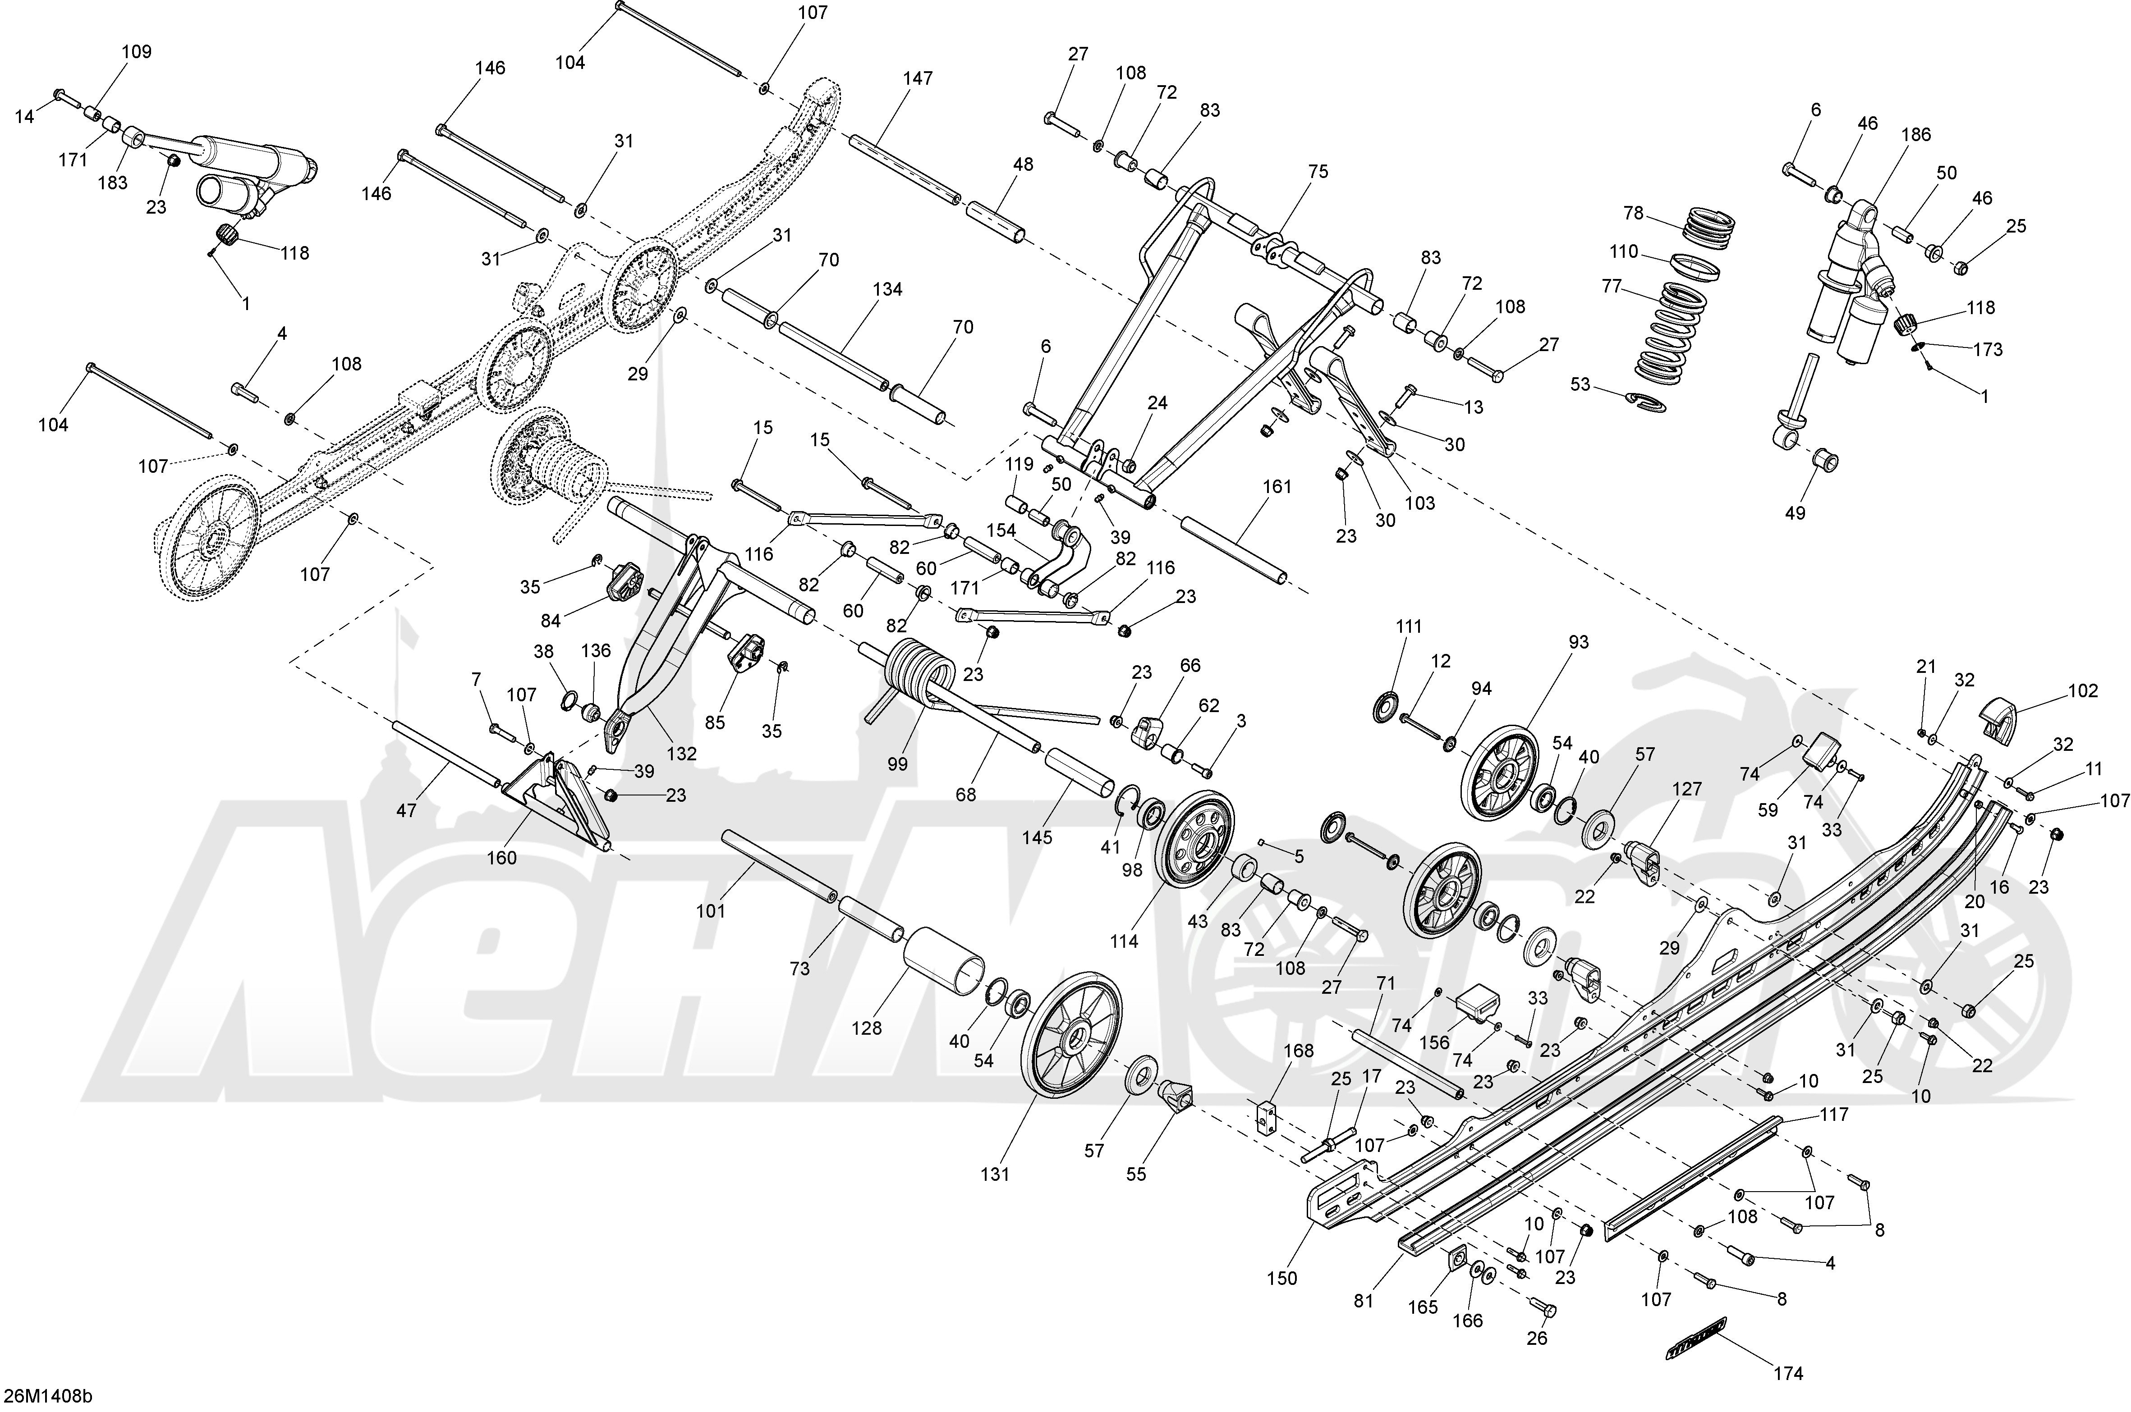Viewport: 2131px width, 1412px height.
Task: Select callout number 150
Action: click(1281, 1278)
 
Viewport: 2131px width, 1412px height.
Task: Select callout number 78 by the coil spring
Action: click(1633, 214)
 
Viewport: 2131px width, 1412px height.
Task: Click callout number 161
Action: click(1276, 486)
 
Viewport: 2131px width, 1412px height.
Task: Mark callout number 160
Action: click(502, 857)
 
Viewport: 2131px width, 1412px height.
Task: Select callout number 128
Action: click(867, 1027)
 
